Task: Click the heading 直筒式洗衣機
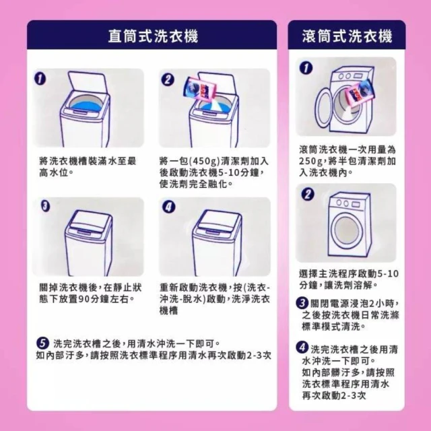tap(153, 36)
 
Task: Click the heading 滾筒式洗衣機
tap(347, 36)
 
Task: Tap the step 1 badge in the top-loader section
tap(40, 79)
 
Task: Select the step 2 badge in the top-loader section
tap(168, 80)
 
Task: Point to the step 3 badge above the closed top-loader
tap(46, 206)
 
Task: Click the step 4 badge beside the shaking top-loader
tap(169, 207)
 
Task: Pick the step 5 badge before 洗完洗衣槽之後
tap(42, 343)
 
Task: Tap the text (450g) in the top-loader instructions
tap(203, 161)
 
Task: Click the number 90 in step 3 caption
tap(84, 299)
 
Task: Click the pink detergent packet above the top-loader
tap(200, 88)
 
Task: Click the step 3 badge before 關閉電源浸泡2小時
tap(302, 303)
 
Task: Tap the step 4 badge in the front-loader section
tap(302, 347)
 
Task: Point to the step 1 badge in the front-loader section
tap(306, 68)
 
